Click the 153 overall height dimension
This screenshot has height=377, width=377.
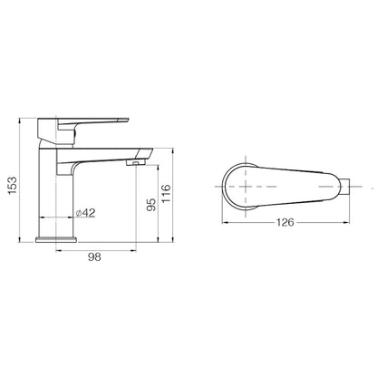click(x=13, y=185)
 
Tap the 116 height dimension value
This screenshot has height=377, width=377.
click(x=166, y=193)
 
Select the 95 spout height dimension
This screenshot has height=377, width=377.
click(x=151, y=205)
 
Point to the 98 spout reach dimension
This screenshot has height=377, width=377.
click(x=94, y=257)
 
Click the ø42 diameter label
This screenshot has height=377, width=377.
click(x=85, y=213)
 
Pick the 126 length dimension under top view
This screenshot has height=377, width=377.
click(x=285, y=223)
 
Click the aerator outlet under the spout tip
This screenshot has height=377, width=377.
click(x=136, y=163)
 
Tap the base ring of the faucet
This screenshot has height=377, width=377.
click(x=56, y=240)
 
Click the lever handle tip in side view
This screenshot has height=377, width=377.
click(x=125, y=120)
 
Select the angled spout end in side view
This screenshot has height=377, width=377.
click(x=144, y=153)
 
